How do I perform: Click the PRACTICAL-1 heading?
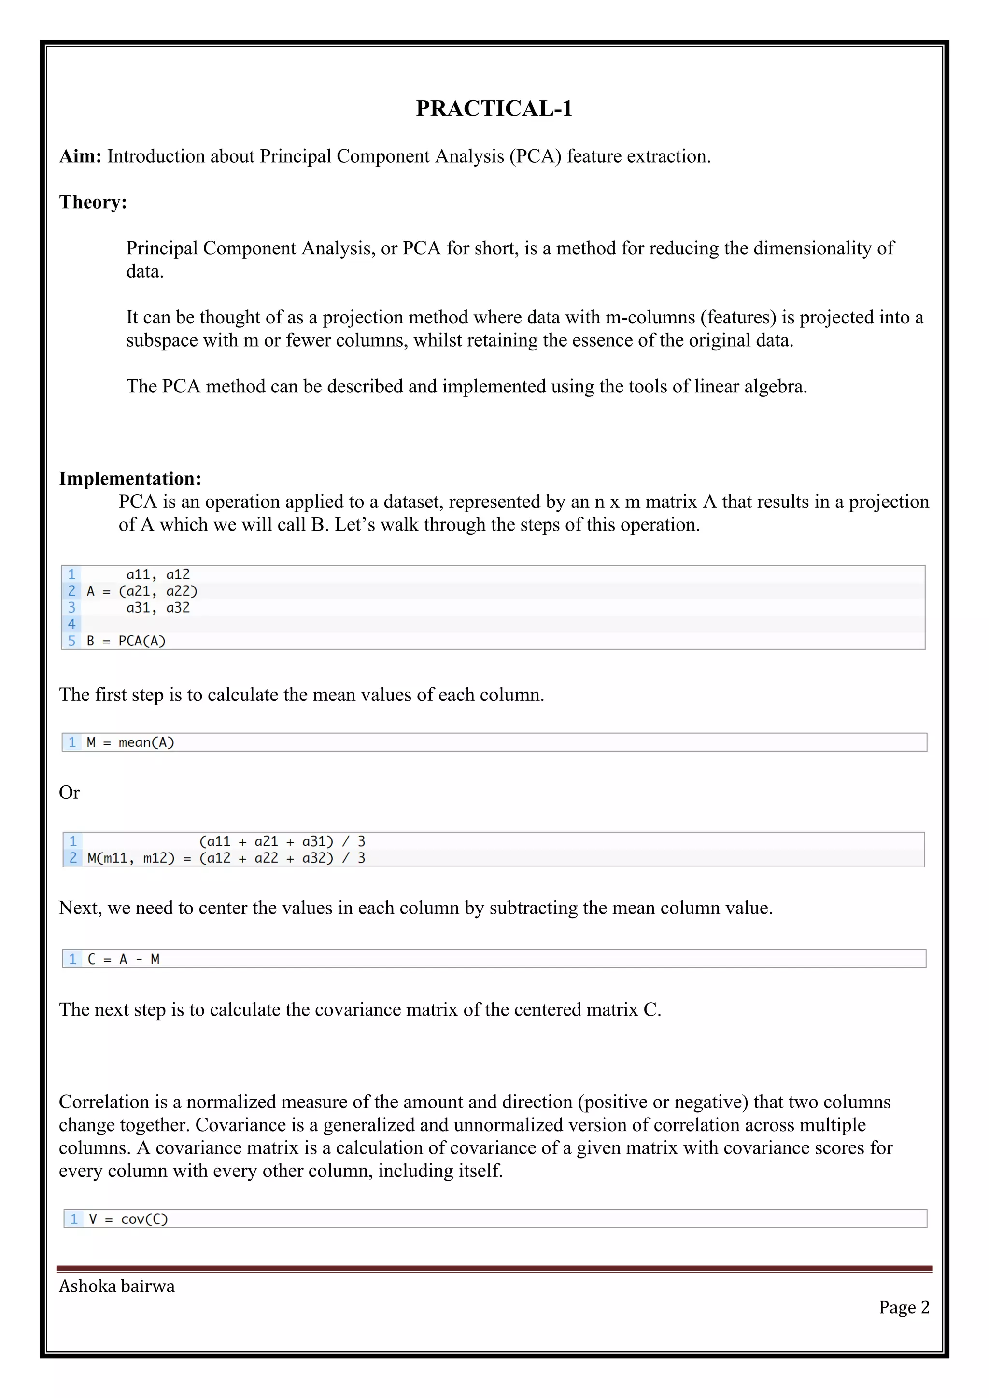(x=494, y=109)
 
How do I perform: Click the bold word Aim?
(x=80, y=156)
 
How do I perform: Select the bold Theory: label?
(x=93, y=202)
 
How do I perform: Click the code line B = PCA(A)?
(x=126, y=641)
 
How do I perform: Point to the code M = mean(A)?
(x=130, y=742)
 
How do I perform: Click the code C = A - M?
(x=124, y=959)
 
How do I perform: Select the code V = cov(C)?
(x=128, y=1219)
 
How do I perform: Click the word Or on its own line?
(x=70, y=793)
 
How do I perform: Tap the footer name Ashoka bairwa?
(x=117, y=1286)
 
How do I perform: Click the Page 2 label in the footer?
(x=904, y=1307)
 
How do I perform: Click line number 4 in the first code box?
(x=71, y=624)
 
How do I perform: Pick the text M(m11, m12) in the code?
(x=131, y=858)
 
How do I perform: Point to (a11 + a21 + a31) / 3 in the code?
(x=282, y=841)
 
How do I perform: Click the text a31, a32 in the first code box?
(x=158, y=608)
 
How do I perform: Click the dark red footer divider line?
(x=494, y=1269)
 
